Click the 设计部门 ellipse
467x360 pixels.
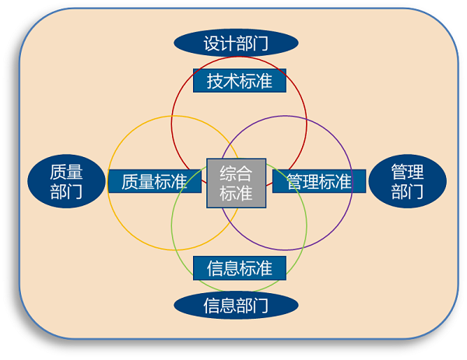pyautogui.click(x=236, y=43)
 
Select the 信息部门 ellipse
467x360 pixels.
pyautogui.click(x=236, y=306)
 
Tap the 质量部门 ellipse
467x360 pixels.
pyautogui.click(x=66, y=181)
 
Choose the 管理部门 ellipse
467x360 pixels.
pyautogui.click(x=407, y=181)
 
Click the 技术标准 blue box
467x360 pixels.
pyautogui.click(x=240, y=81)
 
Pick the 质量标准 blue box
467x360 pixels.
pyautogui.click(x=155, y=181)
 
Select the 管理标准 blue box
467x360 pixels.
pyautogui.click(x=319, y=181)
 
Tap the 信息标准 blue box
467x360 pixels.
pyautogui.click(x=240, y=268)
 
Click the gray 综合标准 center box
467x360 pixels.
pyautogui.click(x=236, y=183)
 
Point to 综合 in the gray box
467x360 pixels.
pyautogui.click(x=236, y=173)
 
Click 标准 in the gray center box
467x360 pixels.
pyautogui.click(x=236, y=193)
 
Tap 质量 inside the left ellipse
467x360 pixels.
pyautogui.click(x=66, y=172)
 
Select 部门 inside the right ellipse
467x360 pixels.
pyautogui.click(x=407, y=191)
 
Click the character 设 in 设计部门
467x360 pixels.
pyautogui.click(x=212, y=44)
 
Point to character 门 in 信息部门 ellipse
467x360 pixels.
pyautogui.click(x=260, y=306)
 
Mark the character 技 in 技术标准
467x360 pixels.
pyautogui.click(x=215, y=81)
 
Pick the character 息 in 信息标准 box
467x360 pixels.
pyautogui.click(x=231, y=268)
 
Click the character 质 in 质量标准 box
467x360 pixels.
pyautogui.click(x=130, y=181)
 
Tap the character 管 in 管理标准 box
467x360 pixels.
pyautogui.click(x=294, y=181)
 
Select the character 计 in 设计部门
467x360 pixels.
pyautogui.click(x=228, y=44)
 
